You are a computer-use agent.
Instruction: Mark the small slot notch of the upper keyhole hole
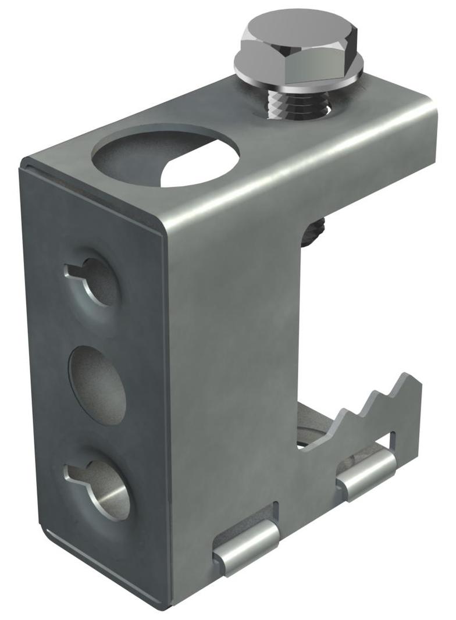coord(73,270)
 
